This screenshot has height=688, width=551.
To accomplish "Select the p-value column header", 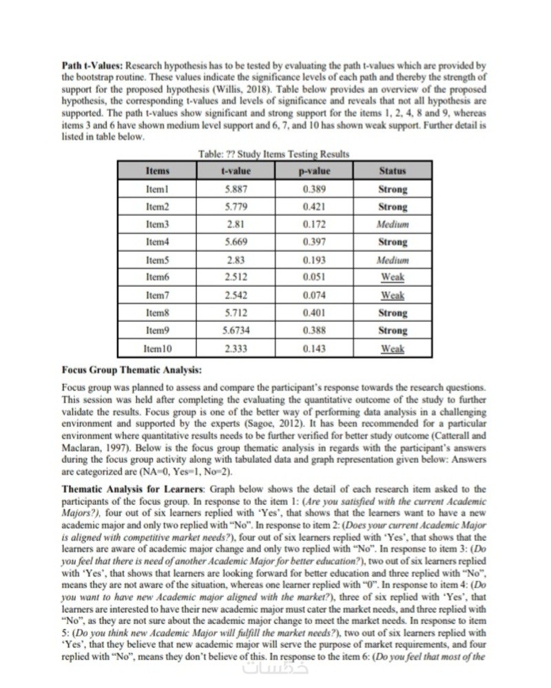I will (317, 171).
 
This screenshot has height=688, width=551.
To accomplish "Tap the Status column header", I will (393, 171).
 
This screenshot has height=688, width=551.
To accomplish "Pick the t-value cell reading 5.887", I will (236, 189).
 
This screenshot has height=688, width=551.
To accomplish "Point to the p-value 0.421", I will (314, 206).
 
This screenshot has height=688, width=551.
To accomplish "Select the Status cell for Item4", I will (393, 242).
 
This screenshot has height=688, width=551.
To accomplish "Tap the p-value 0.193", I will (314, 260).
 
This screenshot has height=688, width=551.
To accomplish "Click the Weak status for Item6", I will (393, 277).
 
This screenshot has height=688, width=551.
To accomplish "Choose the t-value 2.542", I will (236, 295).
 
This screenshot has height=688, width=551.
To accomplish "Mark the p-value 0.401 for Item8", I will (314, 313).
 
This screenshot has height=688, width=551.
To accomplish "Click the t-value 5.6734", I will (236, 330).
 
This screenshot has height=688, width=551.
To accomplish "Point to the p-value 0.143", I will (314, 349).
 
